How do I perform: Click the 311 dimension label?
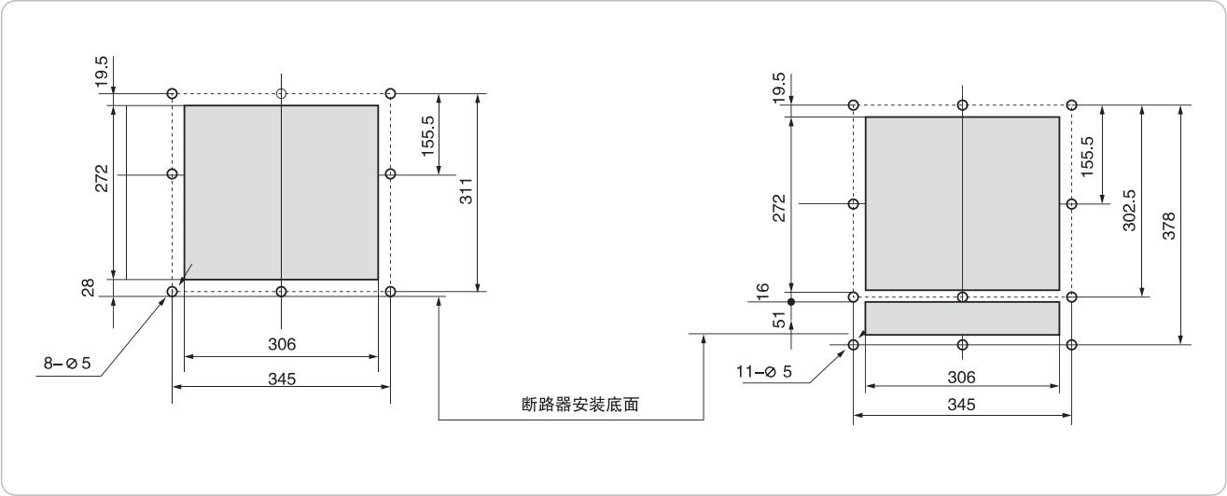click(x=467, y=191)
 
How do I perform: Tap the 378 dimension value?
click(x=1168, y=226)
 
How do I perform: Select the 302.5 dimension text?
click(x=1128, y=211)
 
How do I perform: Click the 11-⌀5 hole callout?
click(x=764, y=372)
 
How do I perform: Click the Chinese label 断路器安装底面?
click(x=580, y=405)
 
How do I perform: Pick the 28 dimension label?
click(x=88, y=288)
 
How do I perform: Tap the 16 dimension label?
click(x=762, y=291)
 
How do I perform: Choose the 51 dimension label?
click(x=780, y=319)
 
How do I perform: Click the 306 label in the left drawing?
click(x=282, y=344)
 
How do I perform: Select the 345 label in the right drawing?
click(x=961, y=405)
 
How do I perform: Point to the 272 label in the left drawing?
click(x=101, y=177)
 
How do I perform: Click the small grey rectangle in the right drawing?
click(x=962, y=318)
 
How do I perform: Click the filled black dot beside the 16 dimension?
click(x=790, y=302)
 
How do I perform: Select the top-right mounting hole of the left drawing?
click(x=391, y=93)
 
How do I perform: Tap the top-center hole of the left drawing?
click(x=282, y=93)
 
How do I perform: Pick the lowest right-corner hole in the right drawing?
click(x=1071, y=345)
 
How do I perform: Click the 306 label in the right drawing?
click(x=961, y=377)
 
